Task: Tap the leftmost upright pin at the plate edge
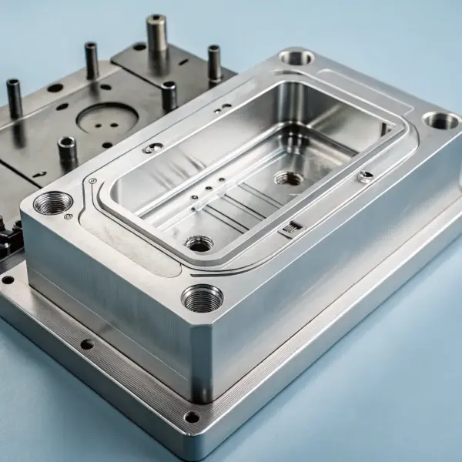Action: (14, 97)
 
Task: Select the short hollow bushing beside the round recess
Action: (67, 150)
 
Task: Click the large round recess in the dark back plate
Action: (108, 119)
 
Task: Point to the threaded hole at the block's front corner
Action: (202, 296)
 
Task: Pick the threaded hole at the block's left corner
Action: (53, 203)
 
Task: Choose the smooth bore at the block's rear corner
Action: (296, 56)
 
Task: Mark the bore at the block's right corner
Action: (441, 120)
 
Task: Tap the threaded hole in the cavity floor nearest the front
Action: (199, 243)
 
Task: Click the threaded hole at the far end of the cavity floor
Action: (289, 179)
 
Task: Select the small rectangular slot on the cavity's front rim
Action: (290, 228)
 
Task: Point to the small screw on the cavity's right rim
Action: (365, 176)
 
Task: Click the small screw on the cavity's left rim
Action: (152, 148)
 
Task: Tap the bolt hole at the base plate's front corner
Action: (191, 417)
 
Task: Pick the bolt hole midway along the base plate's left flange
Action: (87, 344)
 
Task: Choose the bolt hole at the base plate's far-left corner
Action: (8, 280)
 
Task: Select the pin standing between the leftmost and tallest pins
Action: (91, 60)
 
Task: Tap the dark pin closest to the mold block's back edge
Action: (169, 95)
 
